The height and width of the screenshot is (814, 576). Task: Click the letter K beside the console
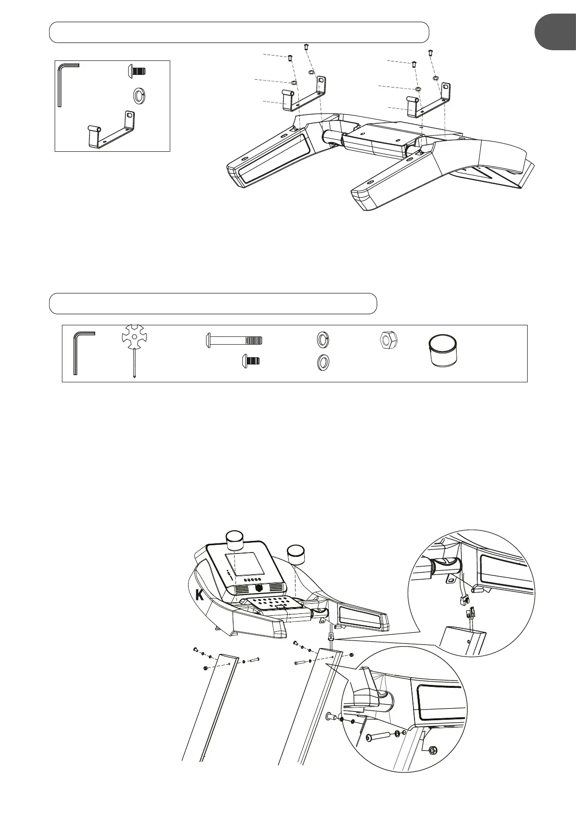pos(199,596)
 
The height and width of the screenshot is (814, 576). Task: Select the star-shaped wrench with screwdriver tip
pos(132,341)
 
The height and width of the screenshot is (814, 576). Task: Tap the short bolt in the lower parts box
pos(251,360)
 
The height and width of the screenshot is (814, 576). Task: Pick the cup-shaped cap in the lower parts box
pos(443,351)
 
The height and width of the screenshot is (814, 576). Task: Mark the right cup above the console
pos(296,552)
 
